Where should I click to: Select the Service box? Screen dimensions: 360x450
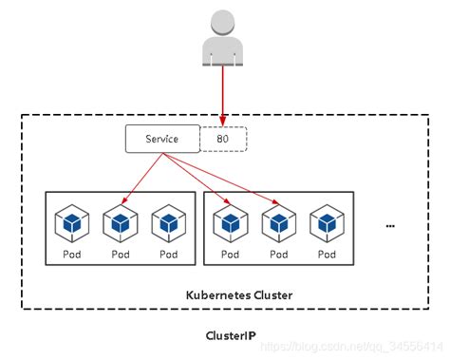162,139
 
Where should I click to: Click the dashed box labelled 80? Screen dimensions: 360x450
223,139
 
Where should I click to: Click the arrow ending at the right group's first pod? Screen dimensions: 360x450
199,181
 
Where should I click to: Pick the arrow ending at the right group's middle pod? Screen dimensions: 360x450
228,180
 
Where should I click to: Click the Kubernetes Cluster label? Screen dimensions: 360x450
238,295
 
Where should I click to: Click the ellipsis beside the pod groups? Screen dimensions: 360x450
390,226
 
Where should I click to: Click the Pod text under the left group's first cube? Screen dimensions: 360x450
72,254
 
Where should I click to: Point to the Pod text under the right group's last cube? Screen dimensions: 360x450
328,254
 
